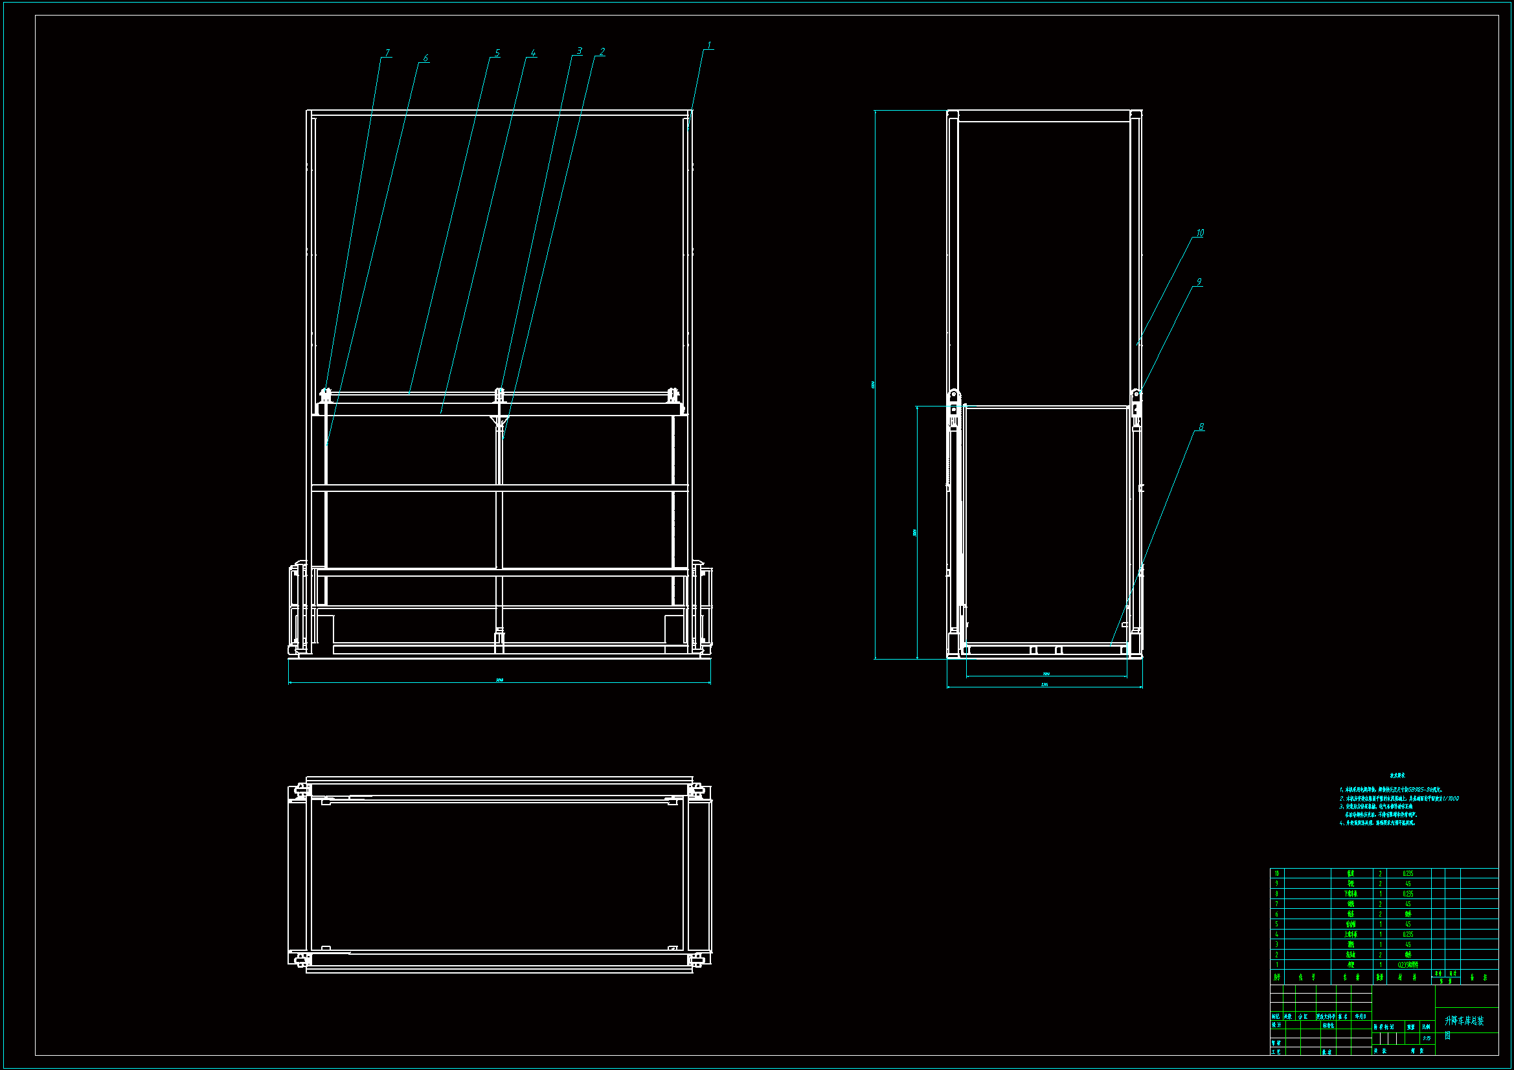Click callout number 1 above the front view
[x=710, y=45]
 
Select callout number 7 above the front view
[x=387, y=52]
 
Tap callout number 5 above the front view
[x=497, y=52]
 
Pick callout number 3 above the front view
[x=580, y=50]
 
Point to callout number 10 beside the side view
[x=1199, y=233]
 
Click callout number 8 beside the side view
[x=1201, y=427]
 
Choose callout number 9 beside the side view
[x=1199, y=282]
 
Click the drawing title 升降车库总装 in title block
[x=1464, y=1021]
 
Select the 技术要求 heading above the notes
[x=1397, y=775]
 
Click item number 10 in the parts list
[x=1276, y=873]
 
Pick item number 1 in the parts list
[x=1276, y=964]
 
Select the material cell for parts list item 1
[x=1408, y=964]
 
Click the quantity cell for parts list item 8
[x=1380, y=894]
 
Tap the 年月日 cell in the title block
[x=1361, y=1017]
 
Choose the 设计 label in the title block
[x=1276, y=1025]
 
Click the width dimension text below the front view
[x=499, y=680]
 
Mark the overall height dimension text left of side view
[x=873, y=385]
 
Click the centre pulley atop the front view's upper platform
[x=499, y=395]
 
